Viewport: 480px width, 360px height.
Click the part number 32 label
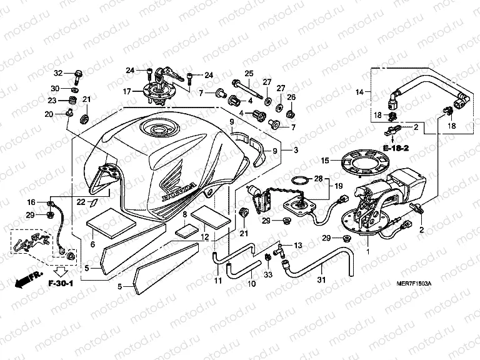[x=58, y=73]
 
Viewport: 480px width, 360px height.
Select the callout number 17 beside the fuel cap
[x=127, y=91]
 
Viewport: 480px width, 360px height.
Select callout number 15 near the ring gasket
[x=324, y=160]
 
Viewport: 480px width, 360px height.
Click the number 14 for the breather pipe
[x=359, y=92]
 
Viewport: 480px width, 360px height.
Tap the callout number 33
[x=269, y=274]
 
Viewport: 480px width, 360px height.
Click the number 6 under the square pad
[x=92, y=244]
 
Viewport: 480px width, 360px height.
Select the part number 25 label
[x=249, y=74]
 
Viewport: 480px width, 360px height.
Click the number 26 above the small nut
[x=291, y=97]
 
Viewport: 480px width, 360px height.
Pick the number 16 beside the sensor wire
[x=31, y=202]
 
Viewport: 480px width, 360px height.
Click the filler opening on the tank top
[x=154, y=130]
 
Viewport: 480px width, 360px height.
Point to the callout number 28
[x=319, y=179]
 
